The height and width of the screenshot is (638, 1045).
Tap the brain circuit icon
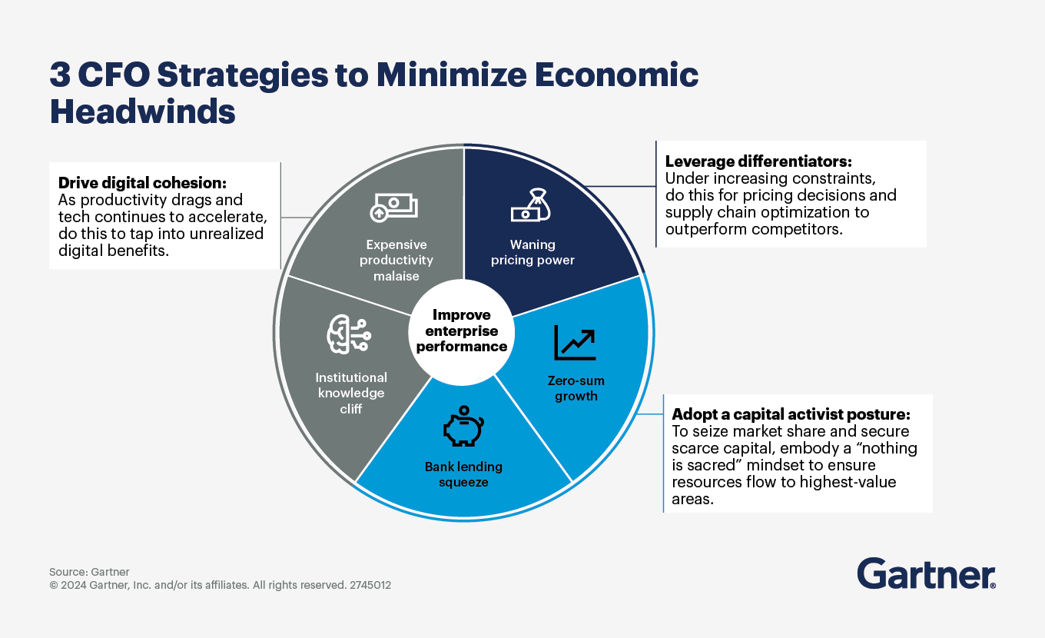(x=348, y=335)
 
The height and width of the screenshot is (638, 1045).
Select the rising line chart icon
(x=575, y=343)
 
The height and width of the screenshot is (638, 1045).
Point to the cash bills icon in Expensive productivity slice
(x=393, y=208)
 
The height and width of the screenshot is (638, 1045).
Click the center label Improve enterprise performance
(x=461, y=331)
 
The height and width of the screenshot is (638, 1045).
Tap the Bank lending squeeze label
(x=463, y=474)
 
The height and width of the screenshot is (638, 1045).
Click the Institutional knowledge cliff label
(x=351, y=393)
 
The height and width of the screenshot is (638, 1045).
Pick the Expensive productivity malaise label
(x=396, y=260)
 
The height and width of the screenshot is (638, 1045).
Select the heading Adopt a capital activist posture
(x=791, y=413)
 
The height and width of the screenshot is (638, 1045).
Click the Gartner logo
(x=926, y=573)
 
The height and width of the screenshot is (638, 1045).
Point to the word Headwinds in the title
(x=142, y=112)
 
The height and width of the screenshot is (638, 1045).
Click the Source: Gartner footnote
(x=89, y=572)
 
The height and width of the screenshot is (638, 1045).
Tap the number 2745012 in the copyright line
(x=370, y=585)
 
